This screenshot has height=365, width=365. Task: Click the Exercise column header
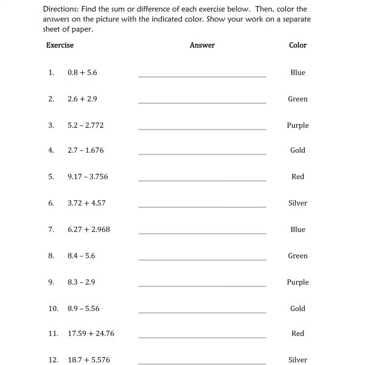(x=60, y=45)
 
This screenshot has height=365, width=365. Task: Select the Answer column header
(x=202, y=45)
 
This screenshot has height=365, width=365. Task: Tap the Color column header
(x=298, y=45)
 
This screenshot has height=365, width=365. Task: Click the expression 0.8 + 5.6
(x=82, y=72)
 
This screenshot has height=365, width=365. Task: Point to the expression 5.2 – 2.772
(x=86, y=125)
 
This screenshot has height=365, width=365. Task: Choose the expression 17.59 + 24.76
(x=91, y=333)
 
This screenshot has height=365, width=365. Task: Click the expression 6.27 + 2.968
(x=89, y=229)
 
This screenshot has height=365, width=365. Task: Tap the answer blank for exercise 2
(x=202, y=102)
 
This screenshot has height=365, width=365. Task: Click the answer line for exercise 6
(x=202, y=207)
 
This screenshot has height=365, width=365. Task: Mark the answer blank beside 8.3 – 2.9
(x=202, y=286)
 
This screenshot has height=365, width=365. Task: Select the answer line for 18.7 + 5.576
(x=202, y=363)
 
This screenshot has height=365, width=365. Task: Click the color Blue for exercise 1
(x=298, y=72)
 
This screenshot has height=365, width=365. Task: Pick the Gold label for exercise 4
(x=298, y=150)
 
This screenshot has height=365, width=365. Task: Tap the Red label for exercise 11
(x=298, y=333)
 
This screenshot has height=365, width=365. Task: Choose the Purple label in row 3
(x=298, y=125)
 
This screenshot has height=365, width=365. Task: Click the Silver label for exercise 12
(x=298, y=360)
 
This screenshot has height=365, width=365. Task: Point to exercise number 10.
(x=53, y=308)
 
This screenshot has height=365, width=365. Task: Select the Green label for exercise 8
(x=298, y=256)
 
